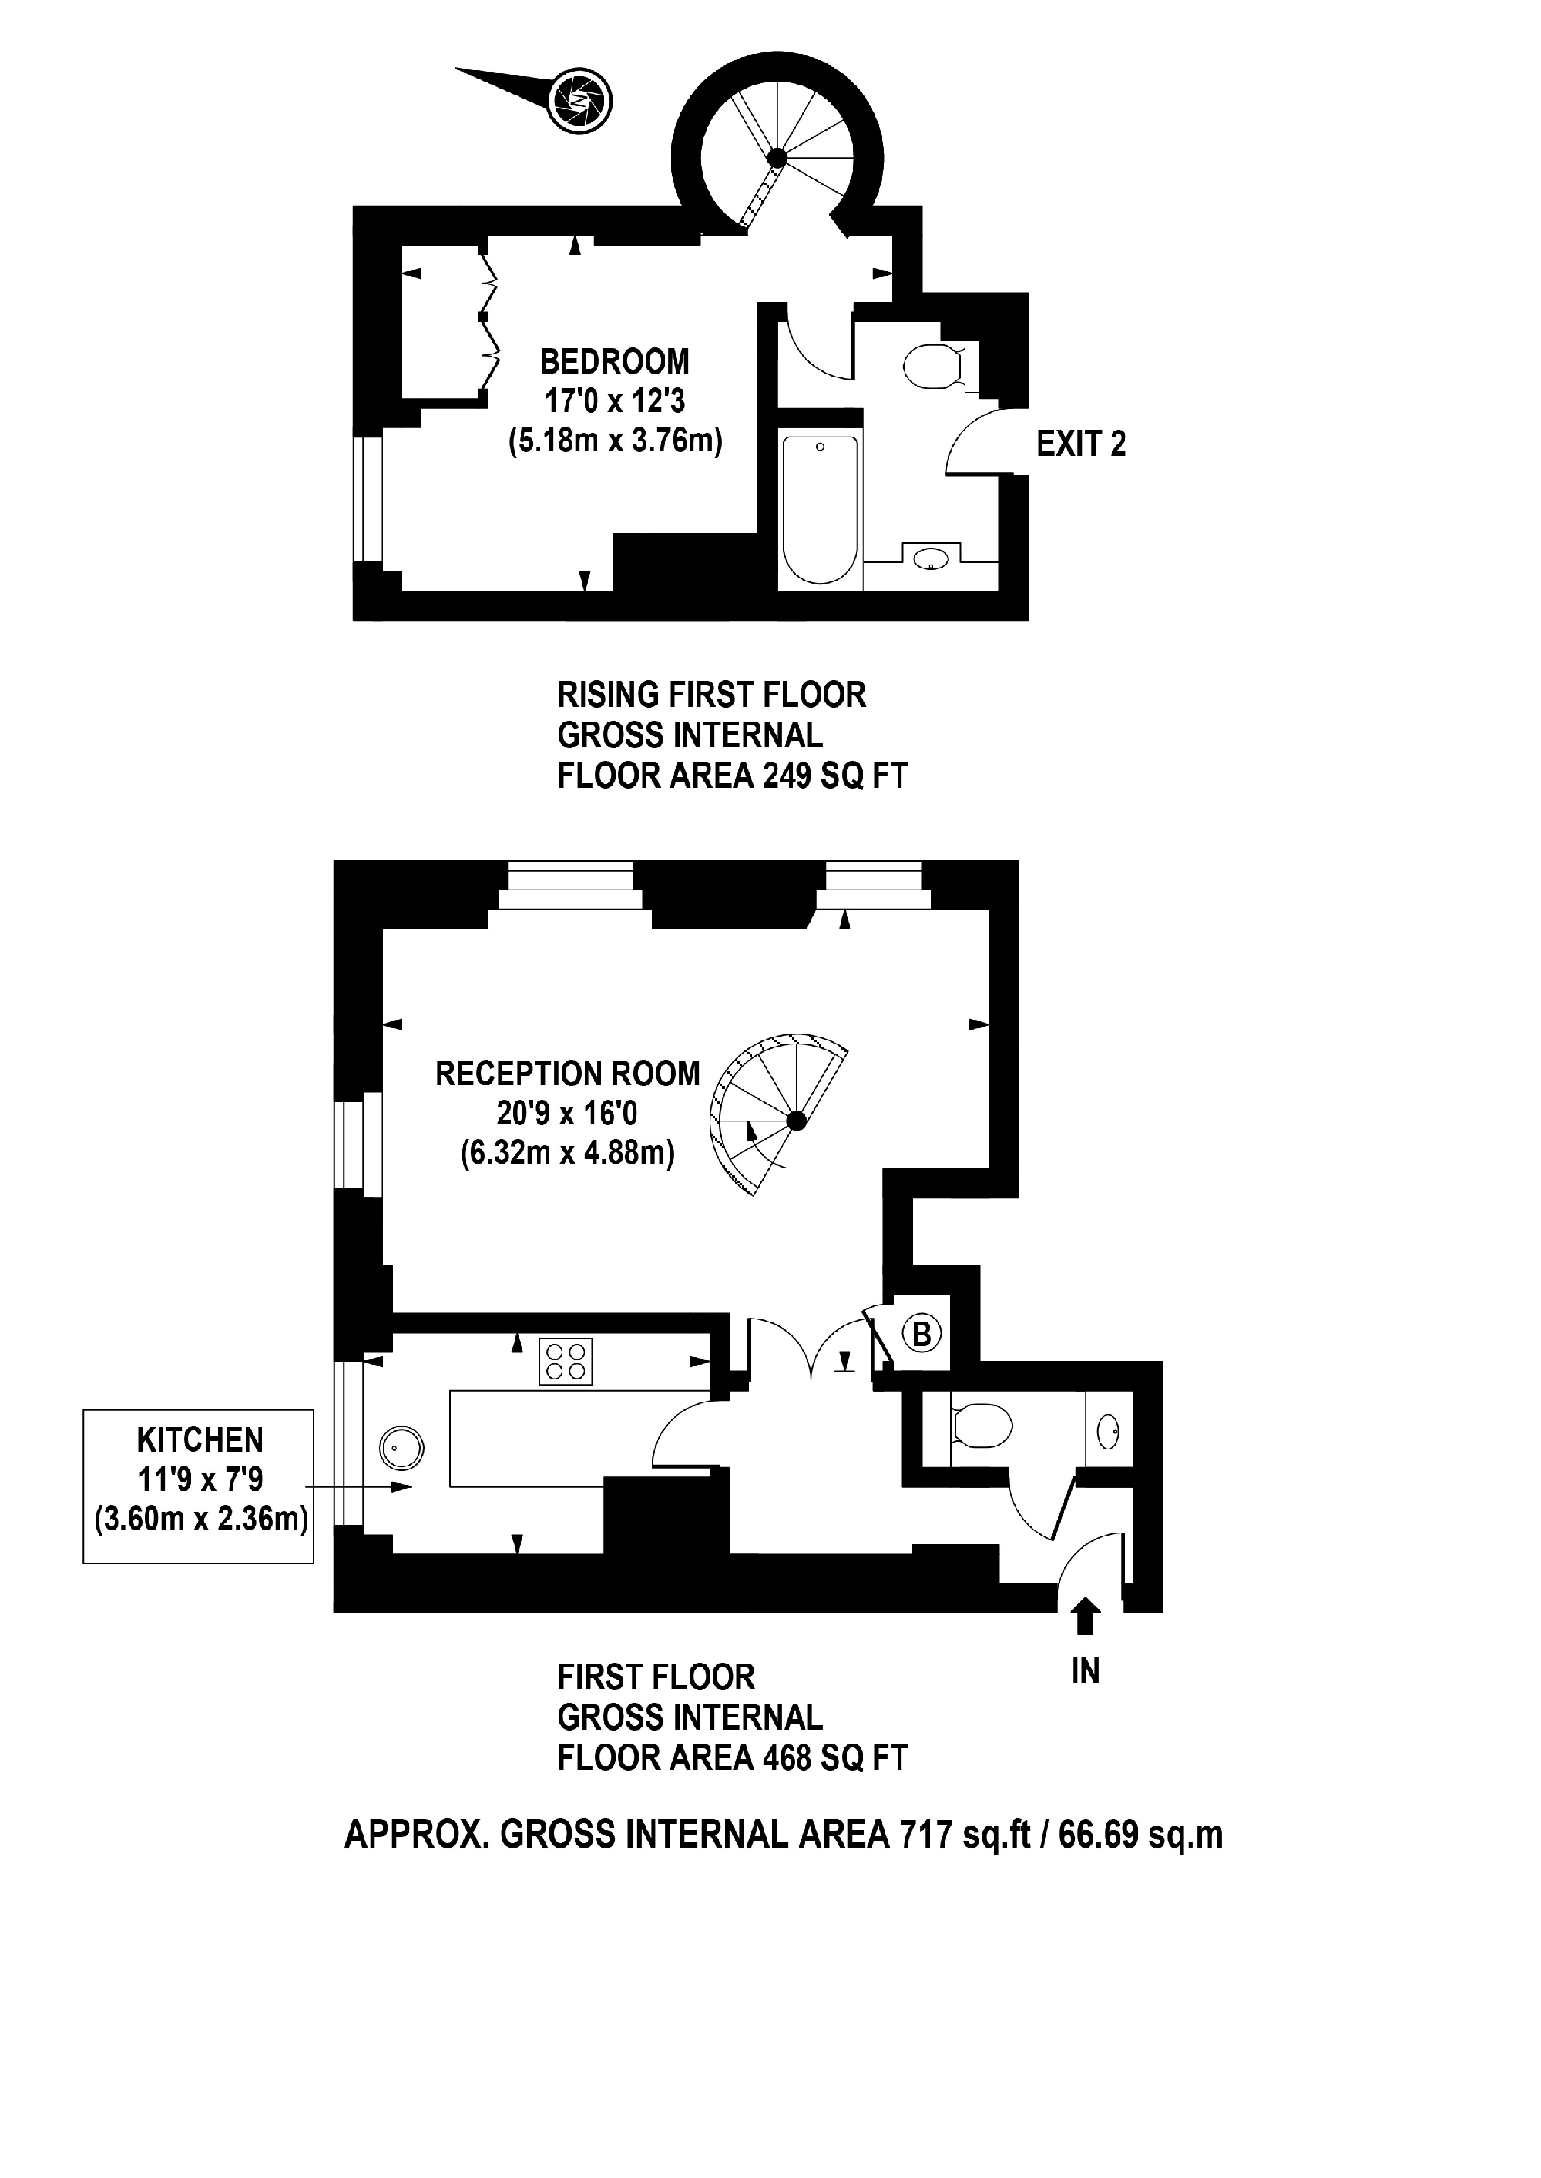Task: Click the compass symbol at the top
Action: click(x=579, y=99)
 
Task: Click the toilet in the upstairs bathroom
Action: click(x=935, y=366)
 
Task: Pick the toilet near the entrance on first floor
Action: click(x=980, y=1426)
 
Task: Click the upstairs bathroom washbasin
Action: click(x=932, y=558)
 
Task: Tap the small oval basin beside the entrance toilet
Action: click(x=1108, y=1430)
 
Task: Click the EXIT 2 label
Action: click(x=1081, y=444)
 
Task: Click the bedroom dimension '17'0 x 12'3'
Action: click(x=615, y=401)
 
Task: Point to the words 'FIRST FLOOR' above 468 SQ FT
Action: click(x=656, y=1677)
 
